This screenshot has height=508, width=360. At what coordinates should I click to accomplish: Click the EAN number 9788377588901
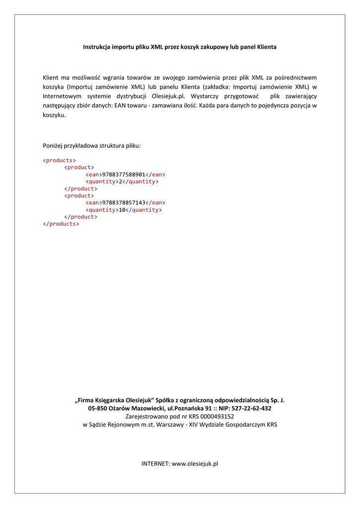[123, 175]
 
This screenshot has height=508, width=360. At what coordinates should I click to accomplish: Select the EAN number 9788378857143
[123, 203]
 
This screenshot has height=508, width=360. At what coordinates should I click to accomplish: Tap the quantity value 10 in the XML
[122, 210]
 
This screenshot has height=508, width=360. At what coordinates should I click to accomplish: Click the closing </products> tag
[61, 224]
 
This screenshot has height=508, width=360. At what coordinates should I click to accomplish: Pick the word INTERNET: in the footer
[155, 463]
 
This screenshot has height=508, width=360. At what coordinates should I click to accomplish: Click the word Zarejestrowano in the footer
[145, 417]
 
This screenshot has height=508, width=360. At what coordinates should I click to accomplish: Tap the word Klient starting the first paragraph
[51, 77]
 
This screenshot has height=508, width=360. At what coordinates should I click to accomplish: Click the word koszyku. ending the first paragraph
[54, 115]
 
